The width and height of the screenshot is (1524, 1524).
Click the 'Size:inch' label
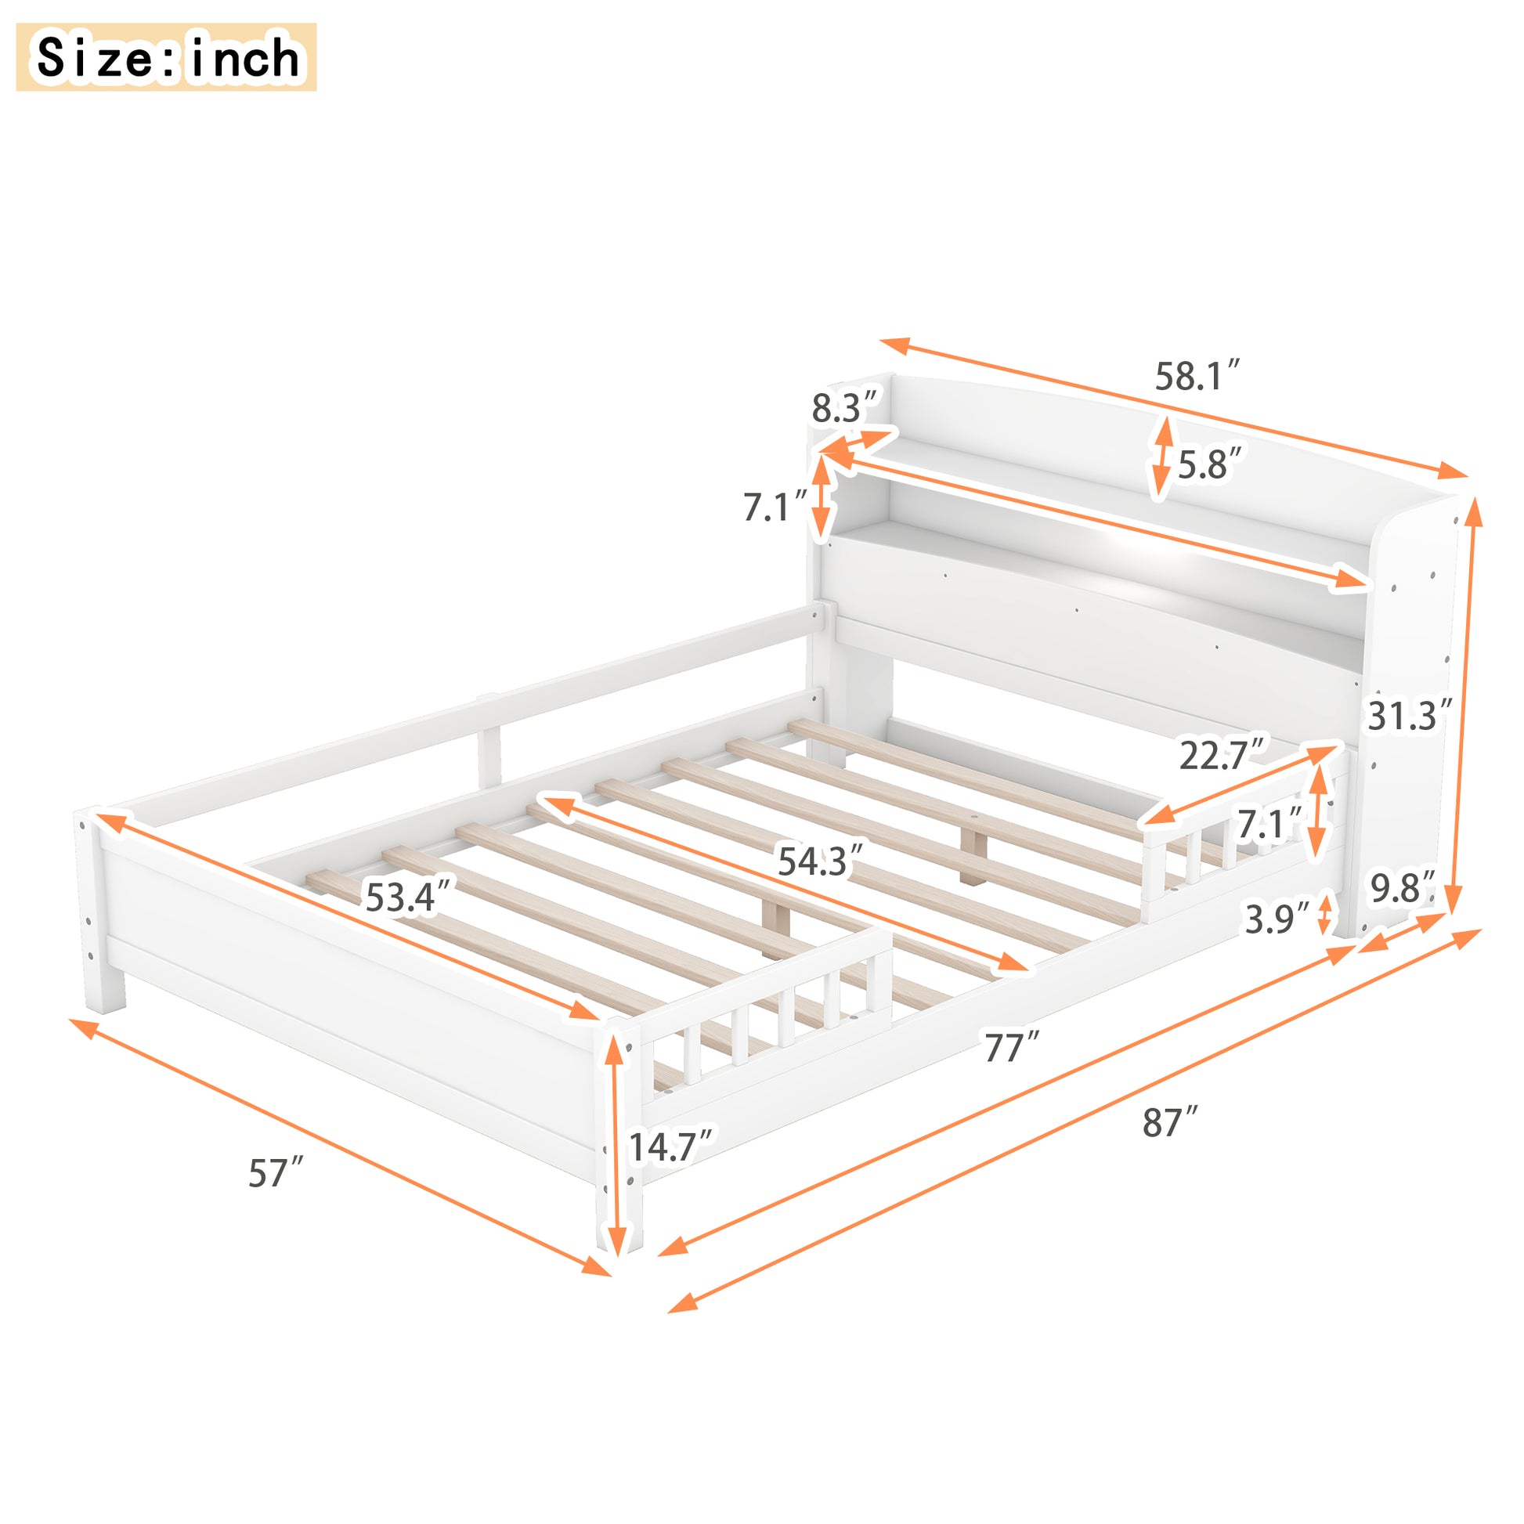[167, 57]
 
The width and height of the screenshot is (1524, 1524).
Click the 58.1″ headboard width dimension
[1197, 376]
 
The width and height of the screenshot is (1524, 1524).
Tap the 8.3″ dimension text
[845, 408]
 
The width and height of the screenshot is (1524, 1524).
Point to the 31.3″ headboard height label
[1409, 716]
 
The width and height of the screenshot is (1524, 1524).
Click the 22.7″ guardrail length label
[1221, 756]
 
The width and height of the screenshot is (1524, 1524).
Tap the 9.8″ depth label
[1403, 889]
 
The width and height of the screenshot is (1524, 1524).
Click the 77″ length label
[1012, 1049]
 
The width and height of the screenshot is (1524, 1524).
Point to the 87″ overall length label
[1170, 1122]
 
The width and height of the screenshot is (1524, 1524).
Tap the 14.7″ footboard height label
[670, 1147]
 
